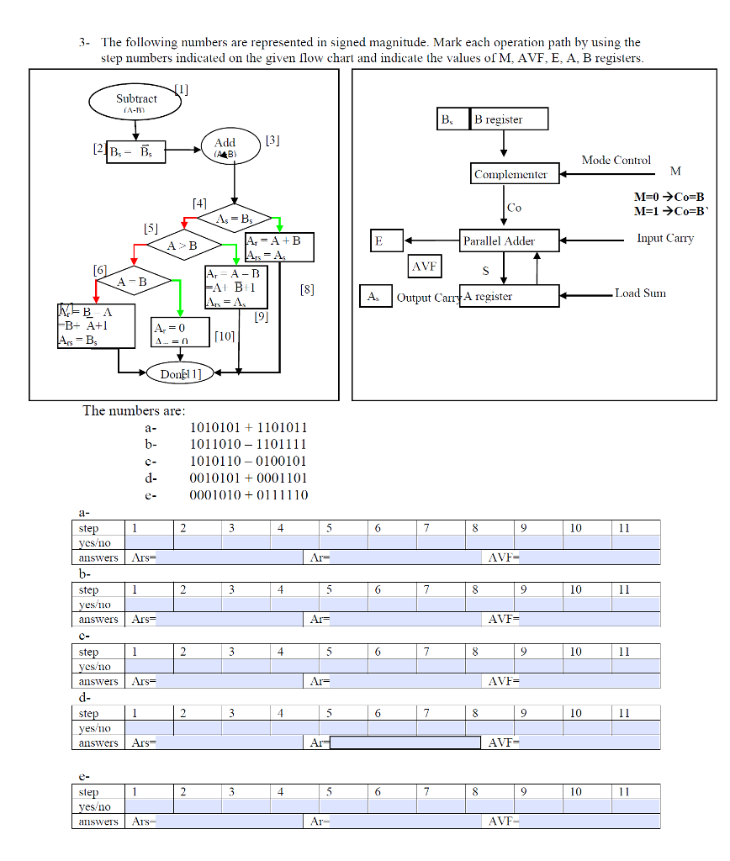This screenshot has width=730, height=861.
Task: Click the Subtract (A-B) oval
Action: [135, 103]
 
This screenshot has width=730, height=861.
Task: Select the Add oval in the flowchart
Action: [225, 148]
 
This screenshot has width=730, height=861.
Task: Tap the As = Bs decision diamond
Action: [234, 219]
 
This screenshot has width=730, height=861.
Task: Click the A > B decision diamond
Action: [182, 246]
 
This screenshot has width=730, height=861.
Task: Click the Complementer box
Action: [510, 175]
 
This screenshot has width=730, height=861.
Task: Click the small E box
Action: [387, 240]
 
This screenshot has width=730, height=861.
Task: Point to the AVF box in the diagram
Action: [426, 267]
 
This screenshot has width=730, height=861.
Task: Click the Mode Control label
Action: [616, 160]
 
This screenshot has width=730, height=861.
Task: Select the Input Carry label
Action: [664, 239]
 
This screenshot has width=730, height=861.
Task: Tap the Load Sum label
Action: [640, 293]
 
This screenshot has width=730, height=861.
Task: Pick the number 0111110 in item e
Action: [280, 494]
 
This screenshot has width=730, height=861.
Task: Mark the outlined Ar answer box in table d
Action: [405, 742]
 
